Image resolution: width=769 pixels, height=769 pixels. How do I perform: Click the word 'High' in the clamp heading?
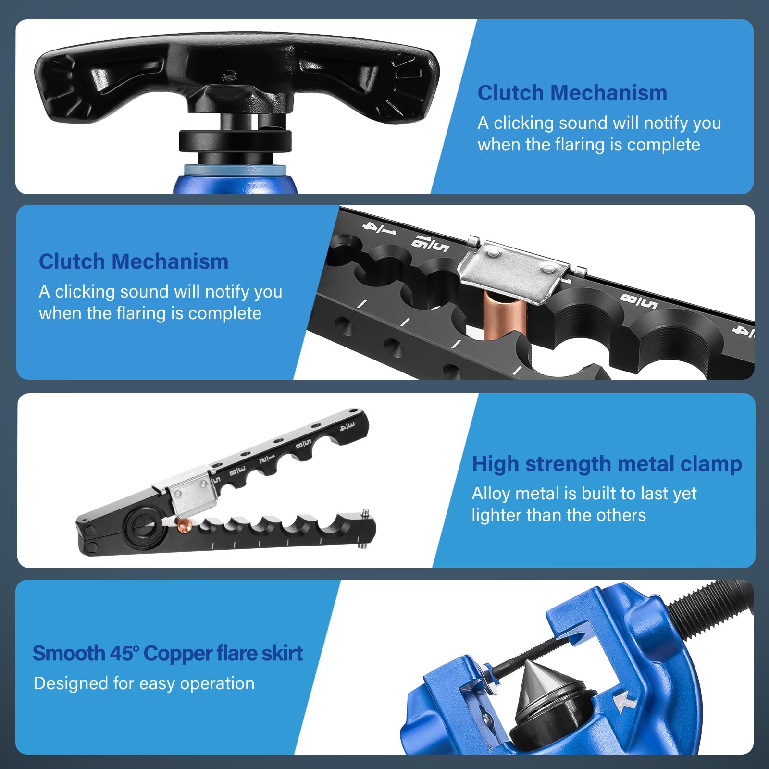(x=496, y=465)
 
